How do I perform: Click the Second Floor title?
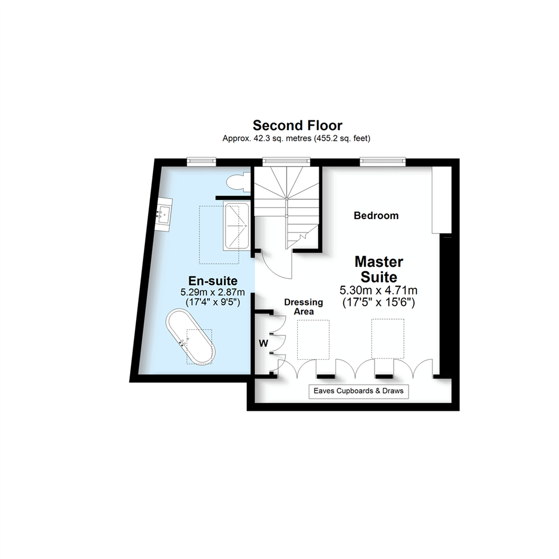coord(297,125)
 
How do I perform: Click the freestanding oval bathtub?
coord(189,337)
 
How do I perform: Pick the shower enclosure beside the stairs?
coord(236,227)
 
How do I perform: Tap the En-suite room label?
coord(213,281)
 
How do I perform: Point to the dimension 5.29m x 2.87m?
coord(213,292)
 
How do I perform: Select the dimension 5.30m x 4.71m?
coord(378,290)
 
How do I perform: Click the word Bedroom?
coord(376,215)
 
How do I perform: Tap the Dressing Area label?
coord(303,306)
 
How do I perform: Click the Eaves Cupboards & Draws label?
coord(359,391)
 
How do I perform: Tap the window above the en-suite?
coord(201,161)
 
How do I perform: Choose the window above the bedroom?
coord(383,161)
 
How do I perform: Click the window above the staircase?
coord(286,161)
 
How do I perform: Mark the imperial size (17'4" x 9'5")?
coord(213,303)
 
